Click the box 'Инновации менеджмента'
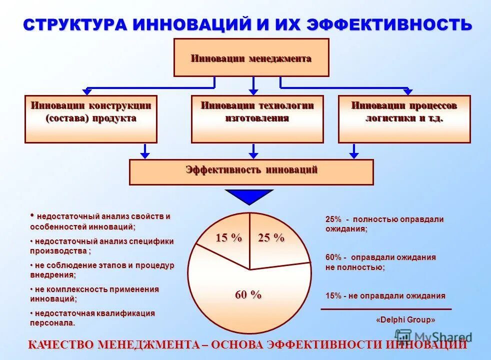click(x=251, y=57)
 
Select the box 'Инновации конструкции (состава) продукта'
click(x=91, y=119)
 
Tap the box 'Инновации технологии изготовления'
click(x=257, y=119)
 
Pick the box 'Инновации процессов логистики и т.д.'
click(x=404, y=119)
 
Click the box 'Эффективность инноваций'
click(x=251, y=172)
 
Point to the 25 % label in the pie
click(x=271, y=238)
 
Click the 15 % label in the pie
click(x=228, y=238)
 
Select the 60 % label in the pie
click(x=248, y=295)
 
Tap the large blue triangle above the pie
click(x=249, y=196)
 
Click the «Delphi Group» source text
click(x=405, y=319)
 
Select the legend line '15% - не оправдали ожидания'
click(x=385, y=295)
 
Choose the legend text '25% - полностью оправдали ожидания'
click(x=384, y=224)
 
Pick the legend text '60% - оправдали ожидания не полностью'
click(x=380, y=262)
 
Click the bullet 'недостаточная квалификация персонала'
click(x=92, y=318)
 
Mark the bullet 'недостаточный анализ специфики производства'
click(x=102, y=246)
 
